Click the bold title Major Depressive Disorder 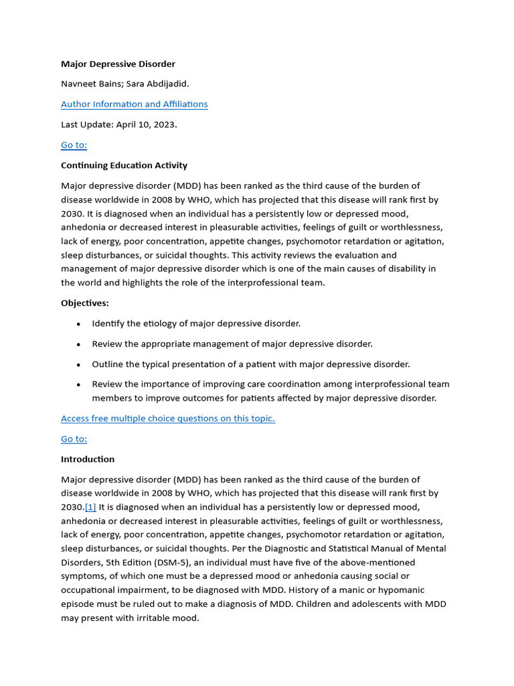[x=118, y=64]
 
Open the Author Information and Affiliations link [x=134, y=105]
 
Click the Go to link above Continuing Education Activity [x=74, y=145]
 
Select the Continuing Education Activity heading [x=124, y=165]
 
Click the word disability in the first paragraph [x=394, y=269]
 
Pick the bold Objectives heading [x=84, y=303]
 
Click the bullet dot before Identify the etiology [x=78, y=324]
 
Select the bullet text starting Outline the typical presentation [x=251, y=364]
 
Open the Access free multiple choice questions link [x=167, y=419]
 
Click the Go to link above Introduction [x=74, y=439]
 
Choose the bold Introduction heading [x=88, y=460]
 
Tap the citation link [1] [x=90, y=507]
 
